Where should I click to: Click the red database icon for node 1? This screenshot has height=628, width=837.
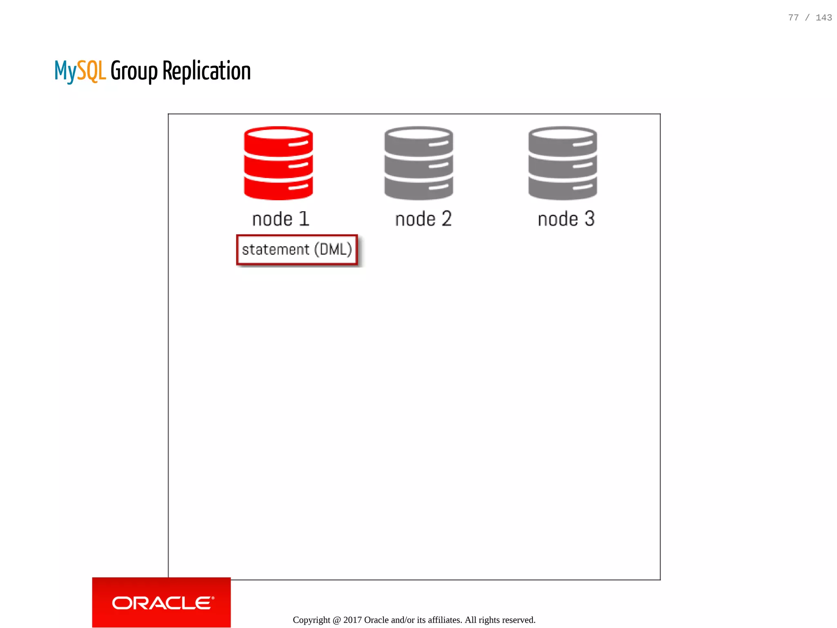278,163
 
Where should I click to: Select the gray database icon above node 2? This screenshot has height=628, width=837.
418,163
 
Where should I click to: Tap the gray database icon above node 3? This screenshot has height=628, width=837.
562,163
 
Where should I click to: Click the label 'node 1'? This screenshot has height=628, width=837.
281,219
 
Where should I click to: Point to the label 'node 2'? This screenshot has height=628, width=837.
423,219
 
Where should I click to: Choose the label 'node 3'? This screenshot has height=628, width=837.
566,219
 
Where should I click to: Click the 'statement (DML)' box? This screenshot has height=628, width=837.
297,250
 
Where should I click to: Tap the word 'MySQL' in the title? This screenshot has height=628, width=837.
80,71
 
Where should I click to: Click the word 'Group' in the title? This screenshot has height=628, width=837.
134,72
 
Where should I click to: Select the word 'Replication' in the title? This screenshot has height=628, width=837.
206,71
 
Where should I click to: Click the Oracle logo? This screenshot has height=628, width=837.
162,603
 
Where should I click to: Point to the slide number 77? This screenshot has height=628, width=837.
793,18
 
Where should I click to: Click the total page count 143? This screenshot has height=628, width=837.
824,18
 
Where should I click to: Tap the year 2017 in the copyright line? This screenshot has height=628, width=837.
352,620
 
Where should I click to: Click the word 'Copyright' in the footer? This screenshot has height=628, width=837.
311,620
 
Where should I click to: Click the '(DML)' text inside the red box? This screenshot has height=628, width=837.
333,249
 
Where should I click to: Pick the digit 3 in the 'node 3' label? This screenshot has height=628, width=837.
589,219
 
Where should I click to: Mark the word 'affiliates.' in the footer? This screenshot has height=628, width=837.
445,620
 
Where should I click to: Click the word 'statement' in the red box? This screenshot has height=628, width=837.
275,250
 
